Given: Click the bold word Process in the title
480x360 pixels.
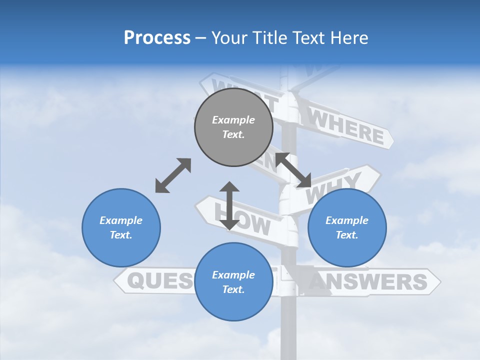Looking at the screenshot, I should click(x=157, y=38).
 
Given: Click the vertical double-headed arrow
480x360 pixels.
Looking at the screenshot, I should click(x=229, y=205).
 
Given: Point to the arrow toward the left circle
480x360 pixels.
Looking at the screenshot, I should click(x=173, y=175).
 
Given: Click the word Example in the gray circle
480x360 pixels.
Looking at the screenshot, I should click(x=233, y=120).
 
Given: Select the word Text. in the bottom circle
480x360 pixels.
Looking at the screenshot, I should click(x=233, y=289).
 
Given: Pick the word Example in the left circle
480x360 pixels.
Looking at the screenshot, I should click(x=121, y=220).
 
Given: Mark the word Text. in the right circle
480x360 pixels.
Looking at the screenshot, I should click(x=347, y=235).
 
